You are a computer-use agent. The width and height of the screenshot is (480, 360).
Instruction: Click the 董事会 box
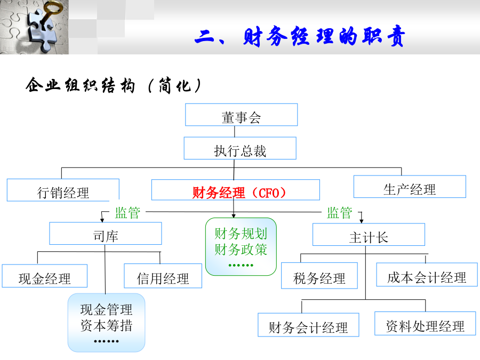(x=241, y=115)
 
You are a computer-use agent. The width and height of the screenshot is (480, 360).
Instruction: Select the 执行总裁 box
(x=240, y=148)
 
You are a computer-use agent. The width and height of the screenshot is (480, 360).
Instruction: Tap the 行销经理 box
(x=63, y=190)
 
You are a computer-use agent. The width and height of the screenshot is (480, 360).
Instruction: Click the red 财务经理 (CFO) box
(x=236, y=190)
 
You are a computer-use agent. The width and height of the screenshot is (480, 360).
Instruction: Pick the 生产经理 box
(x=410, y=187)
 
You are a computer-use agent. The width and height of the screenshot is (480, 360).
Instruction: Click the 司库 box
(x=106, y=233)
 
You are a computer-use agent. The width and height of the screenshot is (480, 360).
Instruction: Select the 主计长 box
(x=369, y=235)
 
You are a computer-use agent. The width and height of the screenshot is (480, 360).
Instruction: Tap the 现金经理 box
(x=45, y=276)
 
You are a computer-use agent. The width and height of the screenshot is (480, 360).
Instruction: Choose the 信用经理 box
(x=163, y=276)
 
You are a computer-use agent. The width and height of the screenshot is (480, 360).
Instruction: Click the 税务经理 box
(x=319, y=276)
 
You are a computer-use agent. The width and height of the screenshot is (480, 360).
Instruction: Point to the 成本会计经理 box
(x=427, y=275)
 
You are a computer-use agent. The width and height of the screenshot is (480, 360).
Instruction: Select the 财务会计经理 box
(x=308, y=325)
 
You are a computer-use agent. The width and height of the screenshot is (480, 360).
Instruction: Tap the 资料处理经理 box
(x=425, y=324)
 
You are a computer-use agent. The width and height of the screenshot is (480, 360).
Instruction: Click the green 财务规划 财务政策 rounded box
(x=241, y=247)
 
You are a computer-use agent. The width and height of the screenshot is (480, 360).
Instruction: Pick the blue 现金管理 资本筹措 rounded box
(x=106, y=323)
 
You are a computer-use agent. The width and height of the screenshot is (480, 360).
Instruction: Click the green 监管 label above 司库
(x=127, y=213)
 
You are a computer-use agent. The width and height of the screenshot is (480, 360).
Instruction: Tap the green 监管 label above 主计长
(x=340, y=213)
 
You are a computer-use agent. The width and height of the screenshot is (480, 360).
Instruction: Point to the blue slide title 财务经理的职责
(x=300, y=36)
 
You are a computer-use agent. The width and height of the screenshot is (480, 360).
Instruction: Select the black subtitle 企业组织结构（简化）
(x=114, y=85)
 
